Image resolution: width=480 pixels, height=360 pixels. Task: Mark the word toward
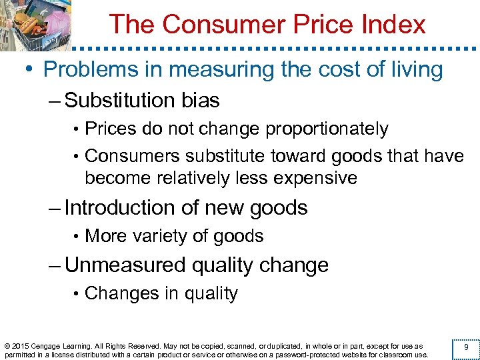pyautogui.click(x=297, y=156)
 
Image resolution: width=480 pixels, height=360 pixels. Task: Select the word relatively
pyautogui.click(x=207, y=178)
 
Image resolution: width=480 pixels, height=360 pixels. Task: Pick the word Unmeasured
pyautogui.click(x=125, y=265)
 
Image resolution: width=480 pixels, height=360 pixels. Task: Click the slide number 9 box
pyautogui.click(x=465, y=347)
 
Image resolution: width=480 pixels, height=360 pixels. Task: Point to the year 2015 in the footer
pyautogui.click(x=21, y=346)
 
